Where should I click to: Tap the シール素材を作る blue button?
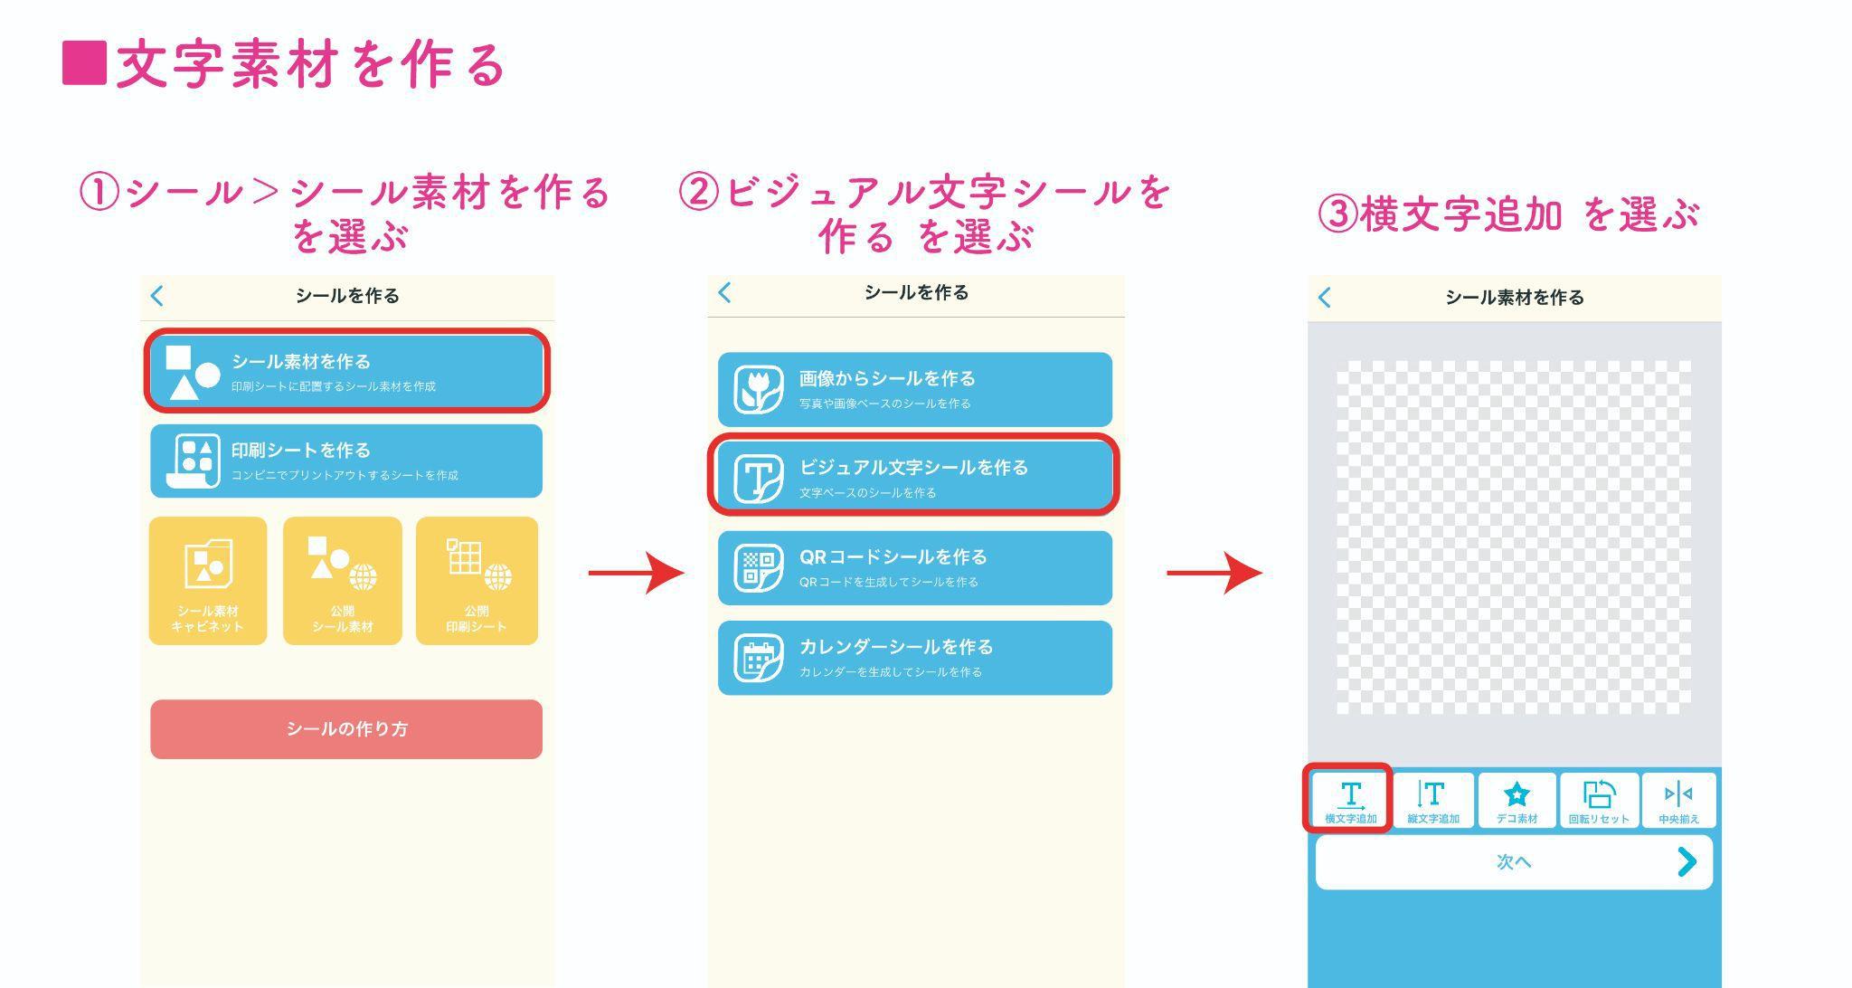[346, 371]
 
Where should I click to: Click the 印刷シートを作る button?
[346, 461]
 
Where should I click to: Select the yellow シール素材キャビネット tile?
[208, 581]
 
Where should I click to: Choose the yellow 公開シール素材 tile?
[342, 581]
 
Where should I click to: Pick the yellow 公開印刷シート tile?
[477, 581]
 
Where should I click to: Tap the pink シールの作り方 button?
[346, 728]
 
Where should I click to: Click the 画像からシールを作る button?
[914, 389]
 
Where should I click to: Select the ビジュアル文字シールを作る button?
[914, 477]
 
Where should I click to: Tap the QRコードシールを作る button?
[914, 567]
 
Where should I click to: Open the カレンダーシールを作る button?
[914, 658]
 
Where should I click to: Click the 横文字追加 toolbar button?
[1350, 800]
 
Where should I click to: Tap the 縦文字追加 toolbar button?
[1432, 800]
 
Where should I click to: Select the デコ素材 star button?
[1517, 800]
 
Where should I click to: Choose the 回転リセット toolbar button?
[1599, 800]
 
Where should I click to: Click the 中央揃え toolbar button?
[1678, 800]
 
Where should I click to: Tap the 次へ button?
[1514, 862]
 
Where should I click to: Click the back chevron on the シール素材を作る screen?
[1325, 297]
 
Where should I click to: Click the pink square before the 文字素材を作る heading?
[84, 63]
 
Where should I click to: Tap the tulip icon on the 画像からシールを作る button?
[758, 390]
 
